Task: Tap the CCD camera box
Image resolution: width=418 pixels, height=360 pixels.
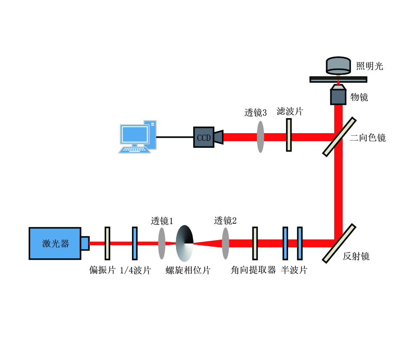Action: point(204,137)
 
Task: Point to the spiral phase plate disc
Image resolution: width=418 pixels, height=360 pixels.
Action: point(184,243)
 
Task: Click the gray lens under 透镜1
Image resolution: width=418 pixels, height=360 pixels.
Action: point(161,243)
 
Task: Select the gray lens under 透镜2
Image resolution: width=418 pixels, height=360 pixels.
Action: point(226,243)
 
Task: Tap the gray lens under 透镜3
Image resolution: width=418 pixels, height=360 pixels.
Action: point(260,137)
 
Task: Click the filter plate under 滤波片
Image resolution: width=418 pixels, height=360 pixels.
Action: point(289,135)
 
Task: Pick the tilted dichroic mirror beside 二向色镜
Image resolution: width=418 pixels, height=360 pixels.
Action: point(339,137)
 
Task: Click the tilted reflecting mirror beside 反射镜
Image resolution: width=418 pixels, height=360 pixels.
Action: point(339,243)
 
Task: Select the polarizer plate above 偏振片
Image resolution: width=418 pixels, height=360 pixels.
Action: point(107,243)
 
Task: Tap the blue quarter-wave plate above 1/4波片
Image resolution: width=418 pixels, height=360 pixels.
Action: point(135,243)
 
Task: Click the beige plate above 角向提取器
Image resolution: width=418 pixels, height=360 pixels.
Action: point(255,243)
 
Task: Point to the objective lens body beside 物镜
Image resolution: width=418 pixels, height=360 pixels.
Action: point(338,97)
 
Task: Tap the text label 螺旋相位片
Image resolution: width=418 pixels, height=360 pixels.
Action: point(188,270)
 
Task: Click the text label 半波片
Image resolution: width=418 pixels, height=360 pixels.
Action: point(294,270)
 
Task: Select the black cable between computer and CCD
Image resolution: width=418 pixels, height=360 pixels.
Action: point(175,137)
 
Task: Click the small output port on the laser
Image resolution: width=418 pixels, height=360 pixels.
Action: point(85,243)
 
